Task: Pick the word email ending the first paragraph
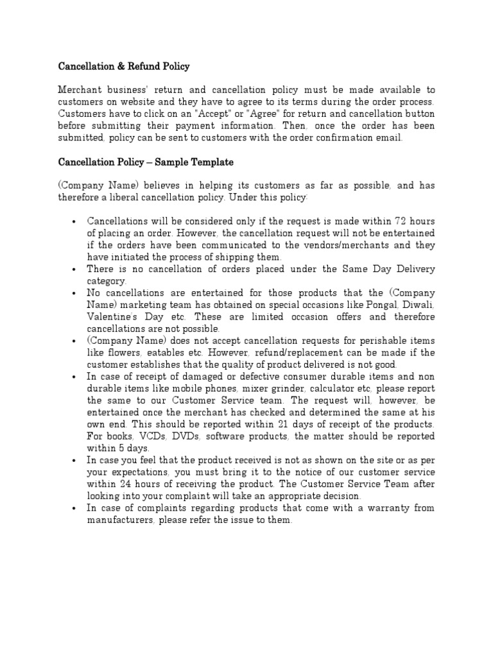click(390, 138)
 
